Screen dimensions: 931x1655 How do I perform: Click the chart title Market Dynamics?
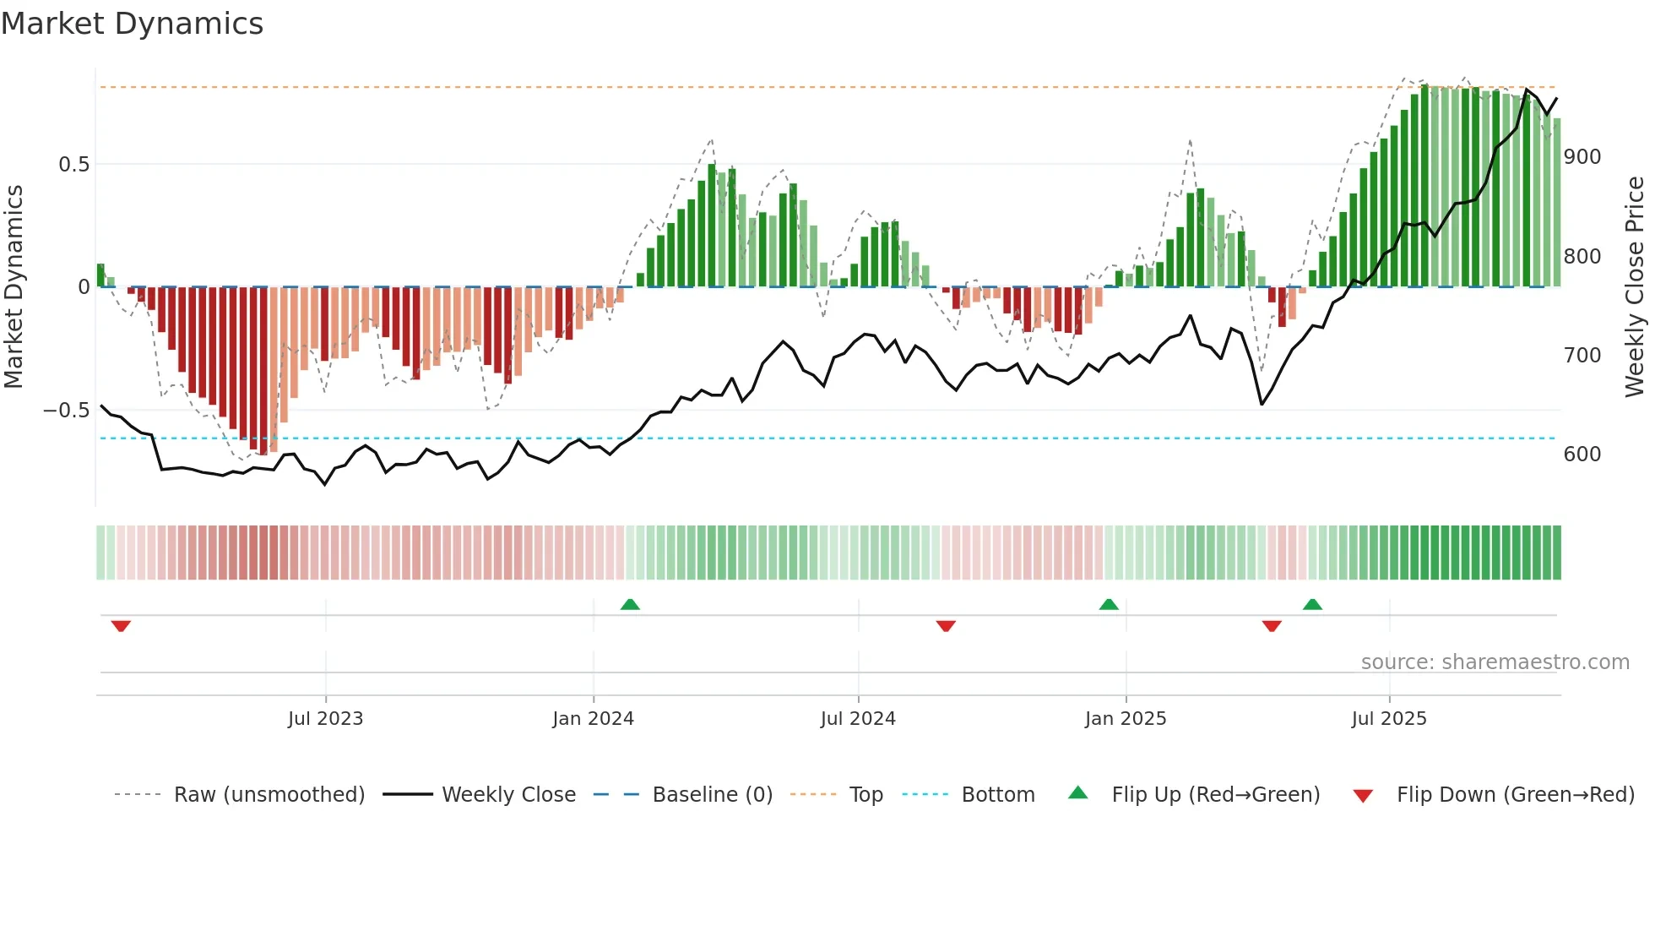click(133, 24)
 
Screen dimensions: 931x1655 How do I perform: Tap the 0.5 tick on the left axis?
click(73, 165)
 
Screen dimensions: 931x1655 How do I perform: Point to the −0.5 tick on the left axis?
click(67, 411)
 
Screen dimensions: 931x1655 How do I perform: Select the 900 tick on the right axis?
click(1582, 157)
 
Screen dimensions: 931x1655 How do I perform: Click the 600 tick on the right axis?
click(1582, 455)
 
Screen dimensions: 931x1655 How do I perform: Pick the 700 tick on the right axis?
click(1582, 356)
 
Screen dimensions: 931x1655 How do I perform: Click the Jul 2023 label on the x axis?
click(325, 719)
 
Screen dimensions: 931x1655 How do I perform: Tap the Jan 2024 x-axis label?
click(593, 719)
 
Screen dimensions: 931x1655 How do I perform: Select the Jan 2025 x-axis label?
click(1125, 719)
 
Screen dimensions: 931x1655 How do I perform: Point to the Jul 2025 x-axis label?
click(1388, 719)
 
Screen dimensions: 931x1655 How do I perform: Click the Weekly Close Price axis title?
click(1635, 287)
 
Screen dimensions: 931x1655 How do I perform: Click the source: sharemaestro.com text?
click(1495, 662)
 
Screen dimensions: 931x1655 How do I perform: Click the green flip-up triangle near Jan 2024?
click(630, 604)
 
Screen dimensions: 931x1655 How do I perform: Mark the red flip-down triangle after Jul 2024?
click(946, 626)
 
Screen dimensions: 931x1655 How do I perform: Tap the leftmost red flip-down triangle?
click(121, 626)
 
